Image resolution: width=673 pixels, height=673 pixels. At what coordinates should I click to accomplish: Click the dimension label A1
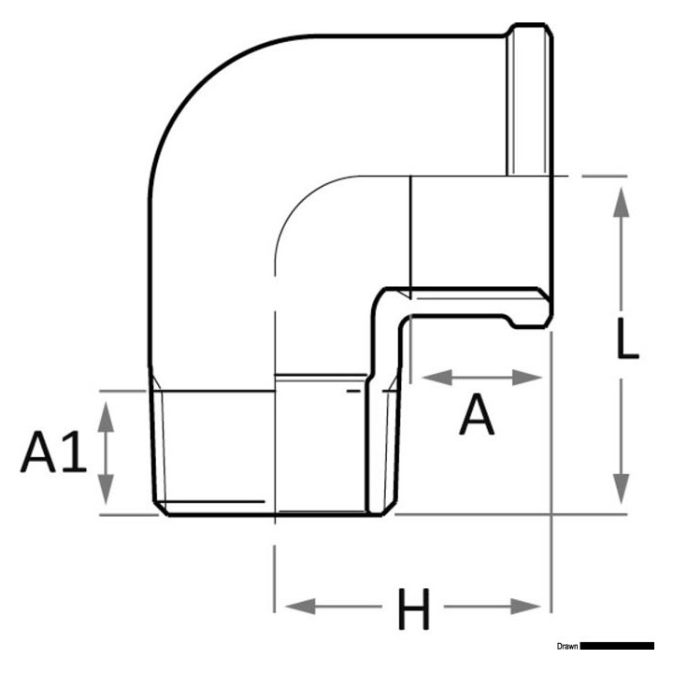pos(54,453)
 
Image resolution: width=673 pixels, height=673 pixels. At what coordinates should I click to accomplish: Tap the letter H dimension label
pos(413,611)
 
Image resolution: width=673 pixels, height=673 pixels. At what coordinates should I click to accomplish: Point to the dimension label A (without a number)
pos(478,416)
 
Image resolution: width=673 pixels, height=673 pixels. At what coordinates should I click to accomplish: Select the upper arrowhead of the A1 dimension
pos(107,412)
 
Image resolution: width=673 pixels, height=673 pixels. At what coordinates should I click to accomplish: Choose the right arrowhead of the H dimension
pos(529,608)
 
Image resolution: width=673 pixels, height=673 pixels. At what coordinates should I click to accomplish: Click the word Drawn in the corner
pos(566,646)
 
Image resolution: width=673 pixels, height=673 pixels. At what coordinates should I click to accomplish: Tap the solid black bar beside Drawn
pos(617,646)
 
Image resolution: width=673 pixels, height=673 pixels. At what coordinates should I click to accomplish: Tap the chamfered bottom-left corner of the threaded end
pos(159,508)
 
